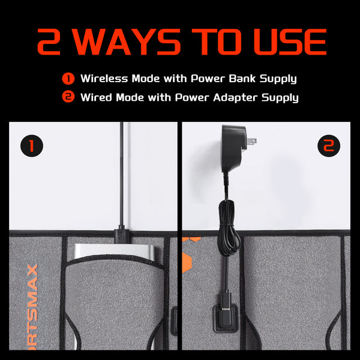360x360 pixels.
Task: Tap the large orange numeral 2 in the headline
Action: click(49, 42)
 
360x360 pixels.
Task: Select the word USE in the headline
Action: click(290, 42)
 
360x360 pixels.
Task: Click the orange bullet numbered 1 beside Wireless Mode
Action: click(68, 79)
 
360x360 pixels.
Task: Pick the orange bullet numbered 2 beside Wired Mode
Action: click(68, 97)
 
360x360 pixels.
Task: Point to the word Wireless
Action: click(104, 79)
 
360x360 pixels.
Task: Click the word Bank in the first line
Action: click(242, 79)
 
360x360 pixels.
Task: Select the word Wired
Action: click(96, 97)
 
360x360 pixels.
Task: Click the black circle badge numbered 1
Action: click(32, 146)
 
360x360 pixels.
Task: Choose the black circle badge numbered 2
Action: click(329, 146)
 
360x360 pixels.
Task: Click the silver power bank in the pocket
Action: click(114, 251)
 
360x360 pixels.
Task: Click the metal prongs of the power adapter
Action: click(251, 142)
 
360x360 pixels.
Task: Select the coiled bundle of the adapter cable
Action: click(229, 227)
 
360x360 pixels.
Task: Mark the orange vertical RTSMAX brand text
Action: click(32, 307)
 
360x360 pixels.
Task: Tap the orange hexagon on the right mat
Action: click(187, 262)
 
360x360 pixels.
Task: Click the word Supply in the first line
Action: click(278, 79)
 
